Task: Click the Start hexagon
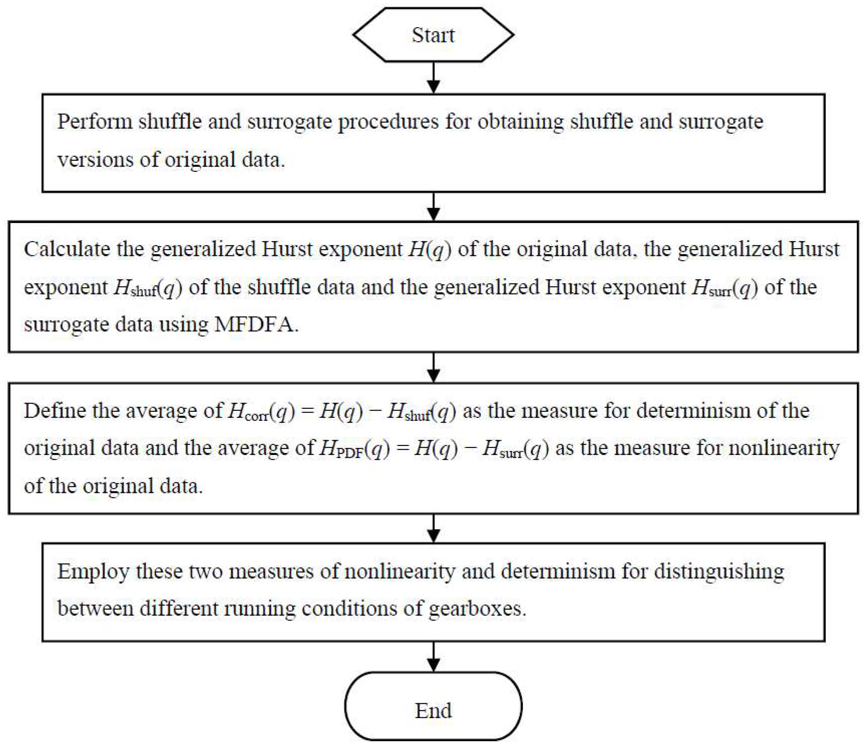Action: click(433, 35)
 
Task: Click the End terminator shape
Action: click(433, 710)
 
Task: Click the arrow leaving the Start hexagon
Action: click(433, 78)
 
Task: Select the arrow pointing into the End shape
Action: click(433, 656)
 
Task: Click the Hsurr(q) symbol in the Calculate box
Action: click(724, 287)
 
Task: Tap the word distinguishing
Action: click(718, 572)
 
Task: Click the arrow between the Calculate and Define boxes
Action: click(433, 368)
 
